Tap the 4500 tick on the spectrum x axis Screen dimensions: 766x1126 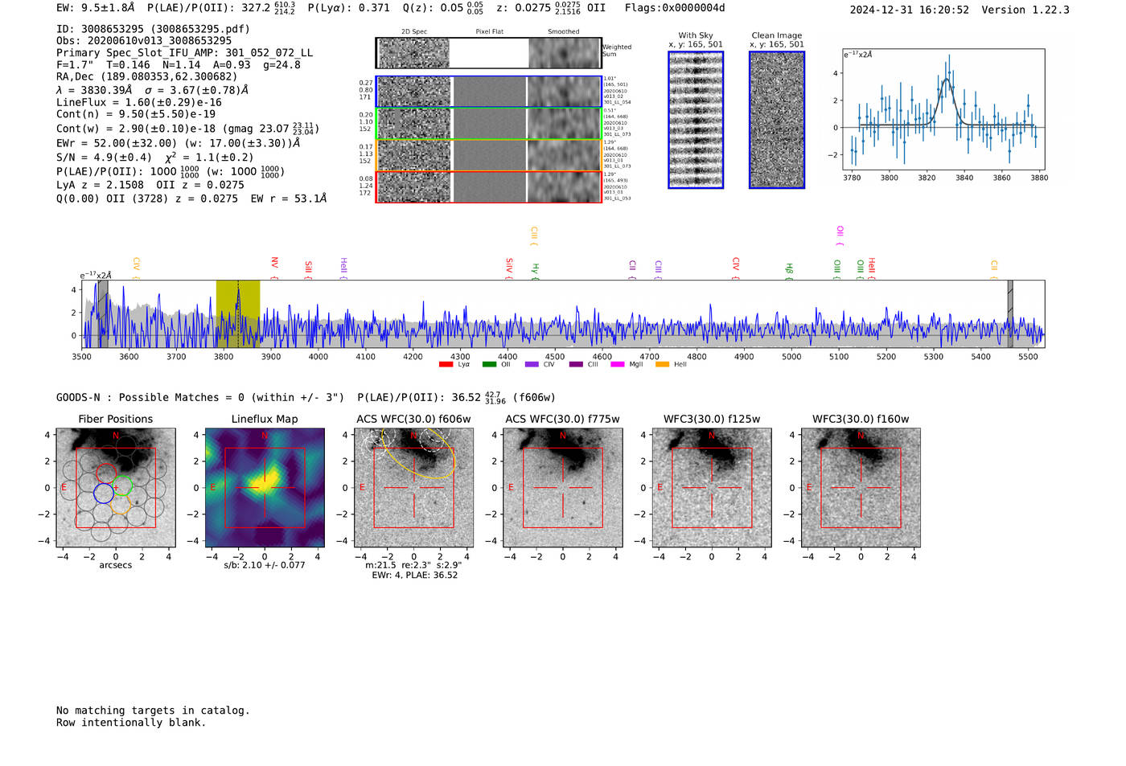(x=555, y=356)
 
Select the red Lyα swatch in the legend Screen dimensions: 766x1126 (x=446, y=365)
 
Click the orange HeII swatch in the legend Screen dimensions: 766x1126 (x=663, y=365)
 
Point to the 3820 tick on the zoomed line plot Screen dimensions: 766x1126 (x=927, y=178)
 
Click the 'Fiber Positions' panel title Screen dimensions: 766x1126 (x=115, y=419)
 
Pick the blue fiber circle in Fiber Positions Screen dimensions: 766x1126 (x=104, y=493)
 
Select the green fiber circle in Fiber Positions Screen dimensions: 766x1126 (x=122, y=485)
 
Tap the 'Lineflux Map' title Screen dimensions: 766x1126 (x=265, y=419)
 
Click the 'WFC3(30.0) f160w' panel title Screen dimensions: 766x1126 (x=861, y=419)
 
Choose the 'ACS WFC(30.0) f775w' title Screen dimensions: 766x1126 (x=562, y=419)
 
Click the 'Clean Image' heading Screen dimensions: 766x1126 (x=777, y=35)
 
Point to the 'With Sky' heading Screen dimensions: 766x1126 (x=696, y=35)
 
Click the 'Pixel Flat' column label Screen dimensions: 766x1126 (x=489, y=32)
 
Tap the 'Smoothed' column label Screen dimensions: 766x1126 (x=564, y=32)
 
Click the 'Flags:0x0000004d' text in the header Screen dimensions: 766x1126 (x=675, y=8)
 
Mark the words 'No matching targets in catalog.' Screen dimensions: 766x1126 (x=153, y=711)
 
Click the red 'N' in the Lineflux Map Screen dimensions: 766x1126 (x=265, y=436)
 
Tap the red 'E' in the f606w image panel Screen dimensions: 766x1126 (x=362, y=488)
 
